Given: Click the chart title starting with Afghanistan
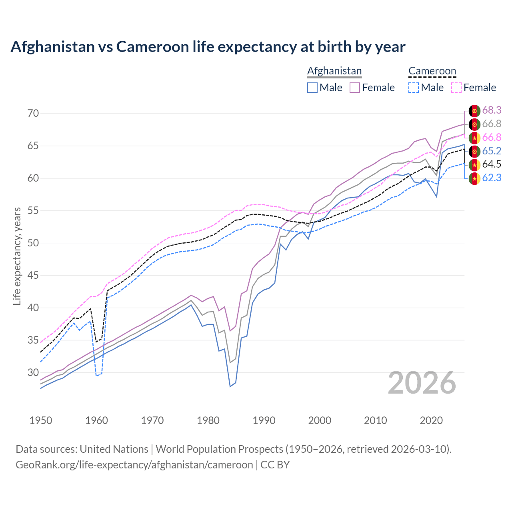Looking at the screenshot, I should pos(208,47).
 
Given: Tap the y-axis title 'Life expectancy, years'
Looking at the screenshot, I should pos(17,256).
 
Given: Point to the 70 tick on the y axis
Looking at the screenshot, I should pos(33,114).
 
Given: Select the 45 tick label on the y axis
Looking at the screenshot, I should pos(33,276).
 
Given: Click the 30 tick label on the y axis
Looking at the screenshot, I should pos(33,373).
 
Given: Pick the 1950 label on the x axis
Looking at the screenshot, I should pos(41,420).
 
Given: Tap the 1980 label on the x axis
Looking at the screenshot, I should pos(208,420).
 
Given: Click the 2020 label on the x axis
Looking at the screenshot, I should pos(431,420).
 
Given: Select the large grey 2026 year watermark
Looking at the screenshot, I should pos(422,383).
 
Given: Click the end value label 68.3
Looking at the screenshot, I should pos(492,110).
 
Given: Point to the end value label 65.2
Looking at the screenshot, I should pos(492,151).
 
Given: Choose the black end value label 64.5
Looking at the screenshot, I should pos(492,164).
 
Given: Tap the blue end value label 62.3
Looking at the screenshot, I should pos(492,178).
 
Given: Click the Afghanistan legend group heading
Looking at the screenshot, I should pos(334,71).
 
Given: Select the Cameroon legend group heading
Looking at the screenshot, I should pos(432,71).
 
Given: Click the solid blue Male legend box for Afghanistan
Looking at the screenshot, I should pos(312,88).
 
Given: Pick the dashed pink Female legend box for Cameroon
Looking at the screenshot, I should pos(456,88).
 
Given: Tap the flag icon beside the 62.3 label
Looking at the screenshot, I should pos(474,178).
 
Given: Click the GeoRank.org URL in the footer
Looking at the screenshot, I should pos(134,465).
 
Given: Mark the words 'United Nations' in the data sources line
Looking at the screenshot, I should pos(114,449).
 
